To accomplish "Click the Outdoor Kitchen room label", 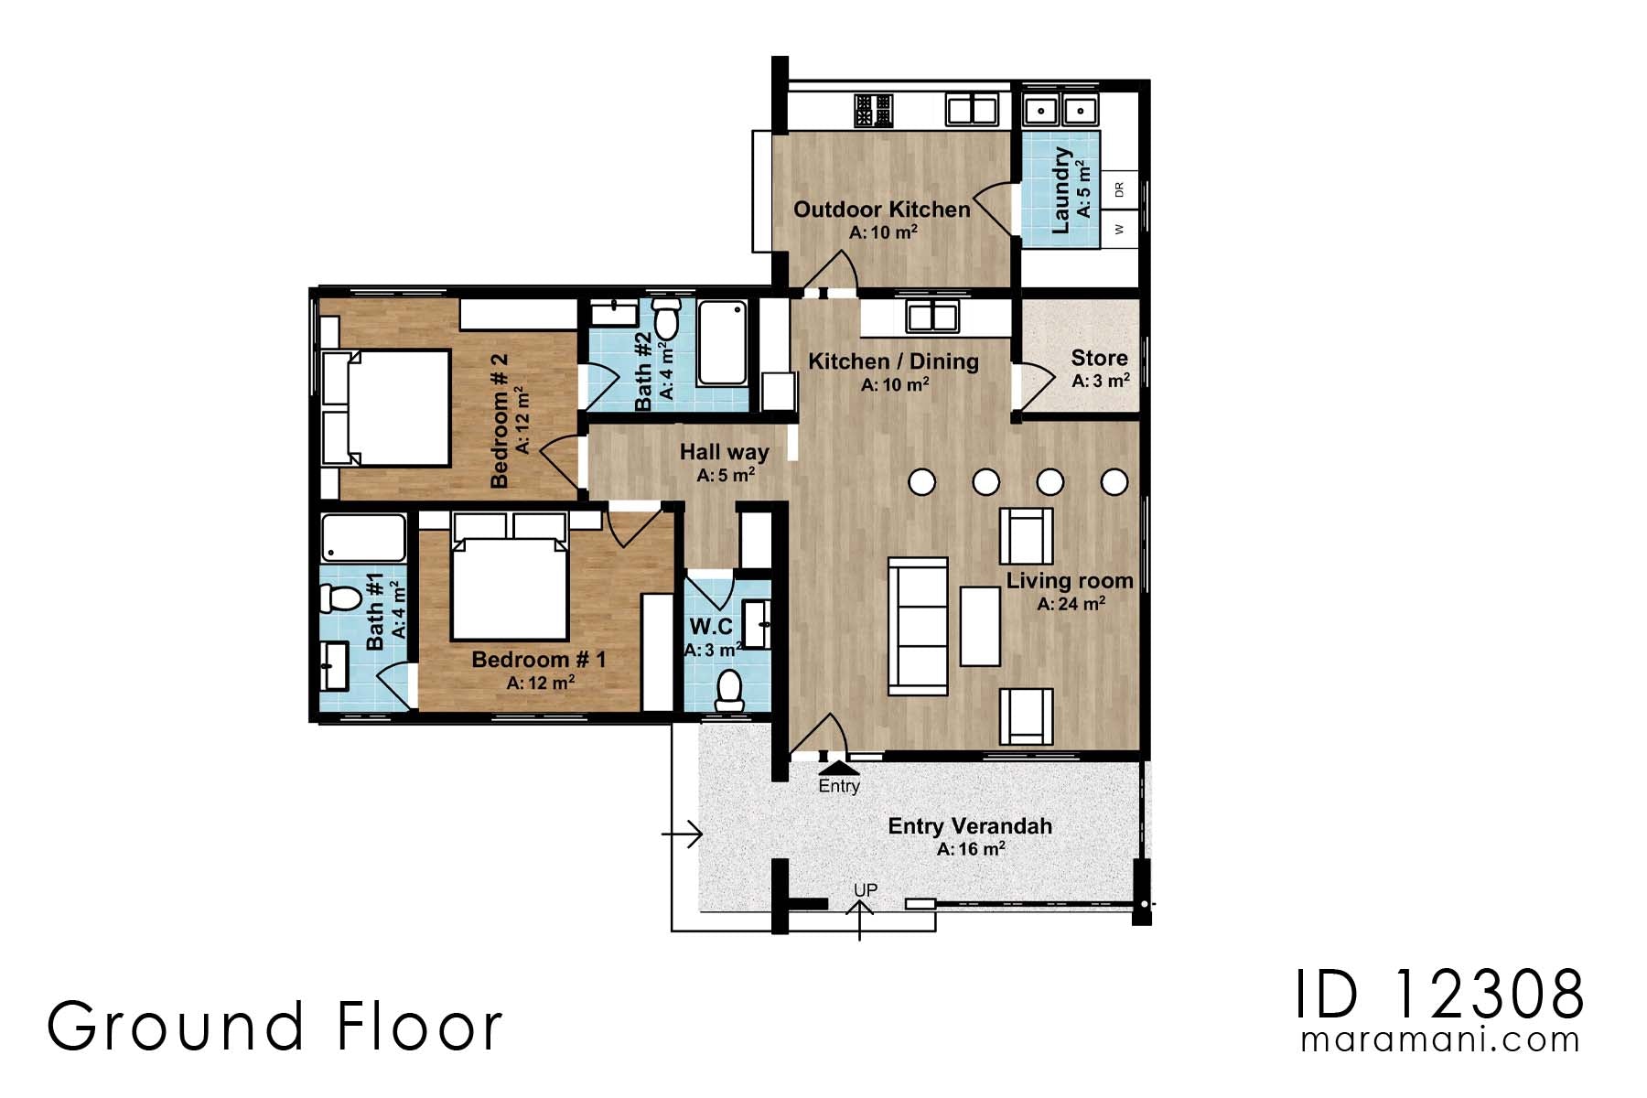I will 881,210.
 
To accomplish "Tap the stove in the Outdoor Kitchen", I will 873,111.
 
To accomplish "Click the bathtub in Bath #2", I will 723,343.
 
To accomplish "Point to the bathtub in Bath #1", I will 364,539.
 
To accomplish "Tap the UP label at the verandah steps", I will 865,889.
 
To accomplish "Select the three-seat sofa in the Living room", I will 918,627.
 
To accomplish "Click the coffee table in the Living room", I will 980,626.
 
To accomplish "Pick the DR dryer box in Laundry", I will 1120,190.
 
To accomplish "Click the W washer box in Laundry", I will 1120,229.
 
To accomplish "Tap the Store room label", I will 1099,358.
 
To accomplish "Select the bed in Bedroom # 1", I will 510,586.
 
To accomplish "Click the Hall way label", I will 724,452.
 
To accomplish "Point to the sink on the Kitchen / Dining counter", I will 931,318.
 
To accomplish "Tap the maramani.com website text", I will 1440,1039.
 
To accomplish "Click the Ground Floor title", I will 274,1026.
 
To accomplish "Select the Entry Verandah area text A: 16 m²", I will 970,849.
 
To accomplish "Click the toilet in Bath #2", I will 666,319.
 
